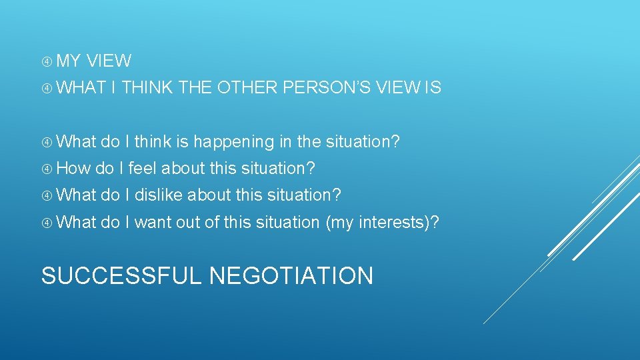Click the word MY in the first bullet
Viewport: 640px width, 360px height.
[x=68, y=61]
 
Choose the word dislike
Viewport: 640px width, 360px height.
[x=159, y=195]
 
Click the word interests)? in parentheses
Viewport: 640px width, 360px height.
[x=399, y=222]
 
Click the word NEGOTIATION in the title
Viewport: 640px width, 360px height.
[x=291, y=275]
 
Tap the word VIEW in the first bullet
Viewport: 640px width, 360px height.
[x=109, y=61]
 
